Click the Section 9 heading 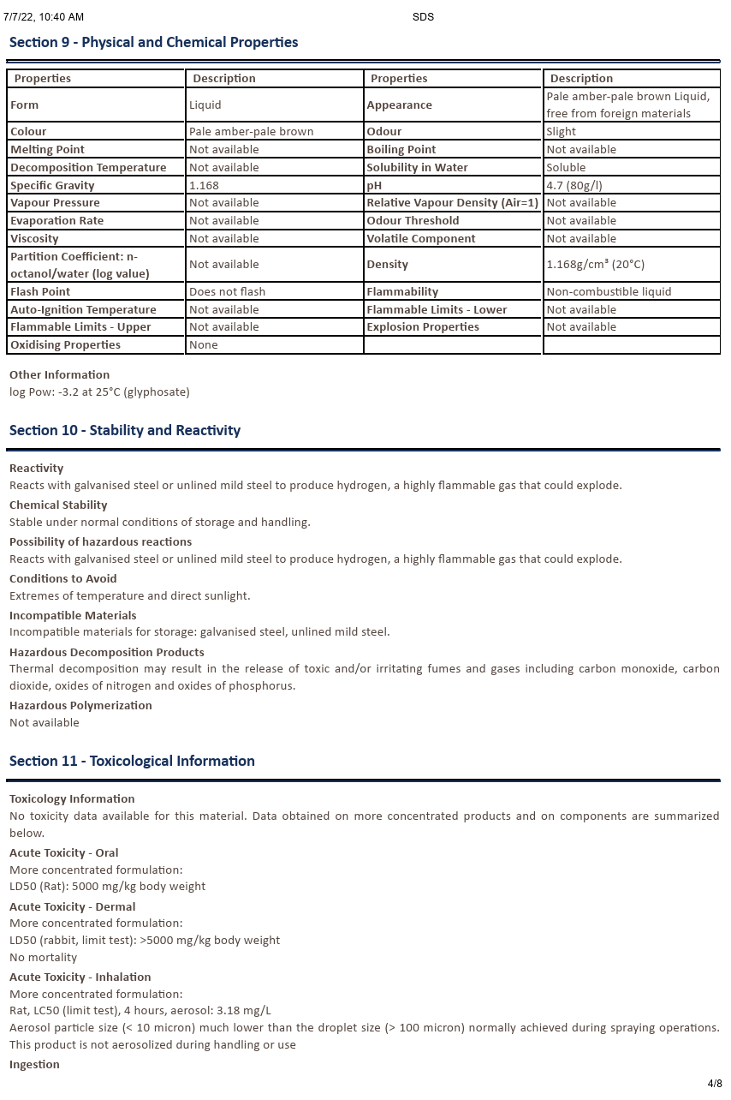[154, 42]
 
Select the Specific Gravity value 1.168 [204, 185]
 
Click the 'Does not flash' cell [227, 291]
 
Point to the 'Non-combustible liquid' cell [609, 291]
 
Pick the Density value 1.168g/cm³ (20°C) [595, 265]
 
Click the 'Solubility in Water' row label [417, 167]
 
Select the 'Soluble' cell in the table [566, 167]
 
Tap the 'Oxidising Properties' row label [65, 344]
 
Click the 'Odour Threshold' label [413, 220]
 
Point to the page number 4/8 [715, 1083]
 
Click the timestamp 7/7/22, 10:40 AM [44, 17]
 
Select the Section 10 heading [125, 430]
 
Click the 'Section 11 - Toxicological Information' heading [132, 761]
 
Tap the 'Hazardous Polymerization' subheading [80, 705]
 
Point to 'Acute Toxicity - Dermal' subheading [73, 906]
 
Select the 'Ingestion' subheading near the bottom [34, 1064]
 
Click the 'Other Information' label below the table [60, 374]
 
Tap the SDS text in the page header [423, 17]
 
